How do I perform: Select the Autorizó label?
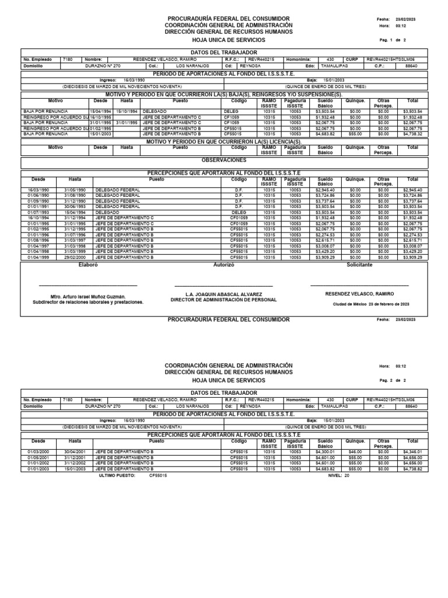coord(224,265)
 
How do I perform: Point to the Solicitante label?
coord(359,265)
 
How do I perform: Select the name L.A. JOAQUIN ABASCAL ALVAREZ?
coord(223,294)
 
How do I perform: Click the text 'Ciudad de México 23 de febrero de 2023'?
coord(371,304)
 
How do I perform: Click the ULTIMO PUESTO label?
coord(118,475)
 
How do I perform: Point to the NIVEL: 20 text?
coord(338,475)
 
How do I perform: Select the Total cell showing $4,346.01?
coord(412,452)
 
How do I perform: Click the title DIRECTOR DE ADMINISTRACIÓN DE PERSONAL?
coord(223,300)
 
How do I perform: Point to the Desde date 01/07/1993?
coord(38,213)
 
